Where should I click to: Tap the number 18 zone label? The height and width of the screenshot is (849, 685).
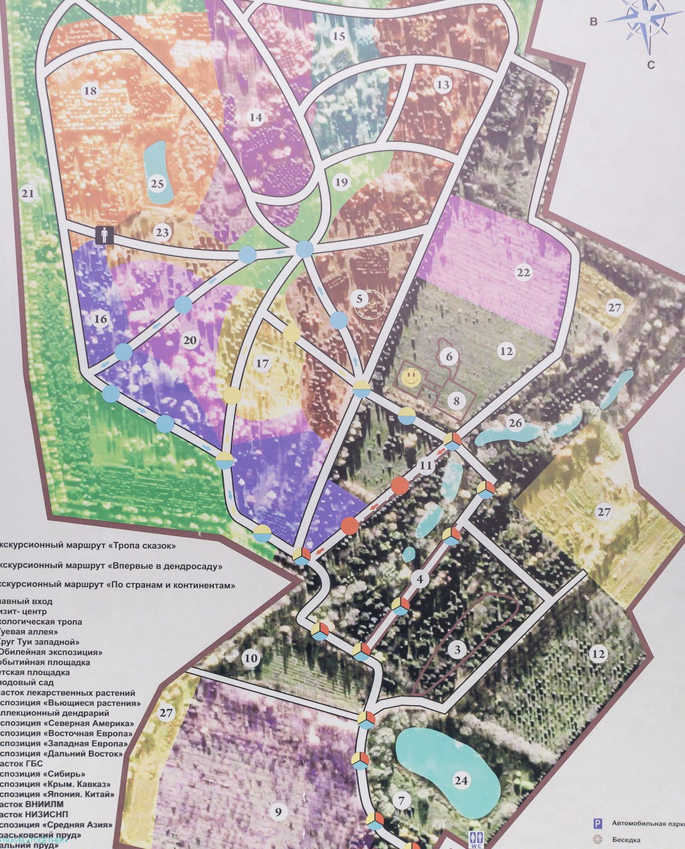[x=91, y=90]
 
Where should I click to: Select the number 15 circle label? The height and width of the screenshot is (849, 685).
[x=339, y=36]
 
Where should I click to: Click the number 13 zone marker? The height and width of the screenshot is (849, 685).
[x=443, y=84]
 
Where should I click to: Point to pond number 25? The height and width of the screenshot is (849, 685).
[x=157, y=183]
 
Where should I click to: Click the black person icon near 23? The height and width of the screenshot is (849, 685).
[x=104, y=235]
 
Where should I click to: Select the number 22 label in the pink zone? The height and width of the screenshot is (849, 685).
[x=523, y=273]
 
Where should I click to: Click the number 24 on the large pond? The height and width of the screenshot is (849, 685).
[x=461, y=780]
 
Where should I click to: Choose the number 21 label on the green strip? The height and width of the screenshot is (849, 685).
[x=27, y=194]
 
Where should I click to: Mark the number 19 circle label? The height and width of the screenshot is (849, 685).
[x=342, y=182]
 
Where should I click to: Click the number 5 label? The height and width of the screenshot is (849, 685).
[x=359, y=299]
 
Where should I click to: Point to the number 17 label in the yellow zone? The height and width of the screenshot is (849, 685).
[x=263, y=364]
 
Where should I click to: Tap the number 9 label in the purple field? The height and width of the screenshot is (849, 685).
[x=278, y=811]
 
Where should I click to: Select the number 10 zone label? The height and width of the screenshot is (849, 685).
[x=251, y=658]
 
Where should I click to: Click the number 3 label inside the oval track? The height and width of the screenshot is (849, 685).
[x=457, y=650]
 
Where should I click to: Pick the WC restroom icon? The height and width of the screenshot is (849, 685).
[x=474, y=839]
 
